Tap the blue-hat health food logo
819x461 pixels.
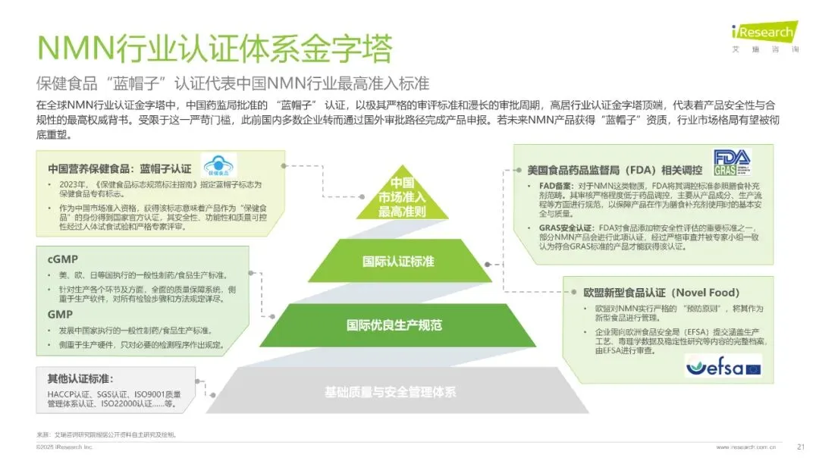tap(220, 166)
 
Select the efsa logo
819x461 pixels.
tap(723, 367)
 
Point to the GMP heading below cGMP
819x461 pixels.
tap(60, 314)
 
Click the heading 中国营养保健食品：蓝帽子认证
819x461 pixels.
tap(120, 168)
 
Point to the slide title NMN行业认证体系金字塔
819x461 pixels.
tap(214, 49)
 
